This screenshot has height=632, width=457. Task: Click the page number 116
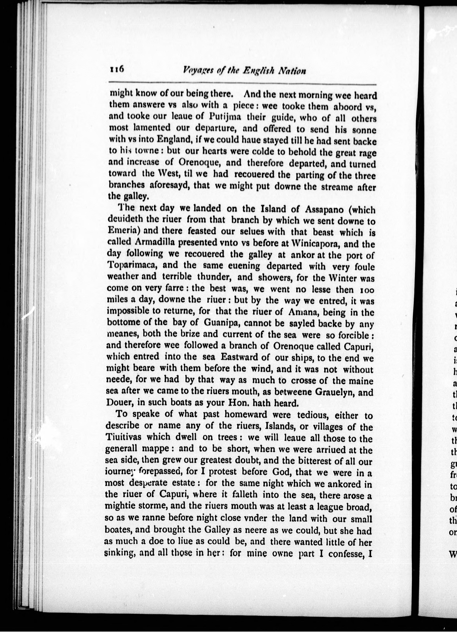[x=117, y=70]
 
